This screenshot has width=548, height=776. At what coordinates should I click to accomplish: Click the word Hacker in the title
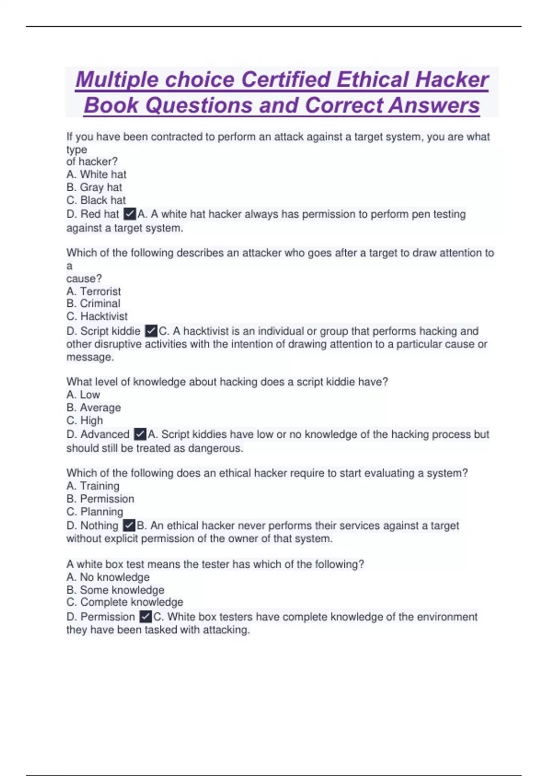pyautogui.click(x=452, y=80)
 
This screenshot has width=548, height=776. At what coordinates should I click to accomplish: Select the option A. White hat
pyautogui.click(x=96, y=174)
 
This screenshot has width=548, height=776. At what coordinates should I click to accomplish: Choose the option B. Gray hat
pyautogui.click(x=94, y=187)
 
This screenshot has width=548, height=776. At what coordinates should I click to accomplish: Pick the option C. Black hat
pyautogui.click(x=96, y=200)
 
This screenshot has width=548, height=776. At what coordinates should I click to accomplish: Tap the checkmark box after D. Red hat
pyautogui.click(x=130, y=214)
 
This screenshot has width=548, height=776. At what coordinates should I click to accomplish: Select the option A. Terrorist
pyautogui.click(x=94, y=291)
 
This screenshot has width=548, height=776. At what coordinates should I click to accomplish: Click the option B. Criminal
pyautogui.click(x=94, y=304)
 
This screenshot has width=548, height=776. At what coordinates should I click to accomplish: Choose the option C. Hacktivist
pyautogui.click(x=97, y=316)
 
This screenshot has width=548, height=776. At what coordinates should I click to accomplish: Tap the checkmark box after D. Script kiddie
pyautogui.click(x=151, y=330)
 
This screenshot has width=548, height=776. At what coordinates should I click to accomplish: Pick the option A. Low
pyautogui.click(x=83, y=394)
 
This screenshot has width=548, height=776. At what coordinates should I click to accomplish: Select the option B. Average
pyautogui.click(x=94, y=407)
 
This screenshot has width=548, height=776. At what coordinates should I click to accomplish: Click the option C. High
pyautogui.click(x=84, y=420)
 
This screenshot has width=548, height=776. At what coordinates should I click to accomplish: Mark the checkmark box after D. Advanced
pyautogui.click(x=140, y=434)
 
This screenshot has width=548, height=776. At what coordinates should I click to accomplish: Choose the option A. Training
pyautogui.click(x=93, y=486)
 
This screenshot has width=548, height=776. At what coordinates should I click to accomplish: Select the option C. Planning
pyautogui.click(x=95, y=511)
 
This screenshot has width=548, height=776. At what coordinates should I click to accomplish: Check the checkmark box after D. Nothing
pyautogui.click(x=129, y=525)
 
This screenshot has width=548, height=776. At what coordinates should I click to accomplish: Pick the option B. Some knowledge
pyautogui.click(x=115, y=590)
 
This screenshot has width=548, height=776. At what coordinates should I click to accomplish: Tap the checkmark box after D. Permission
pyautogui.click(x=146, y=616)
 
